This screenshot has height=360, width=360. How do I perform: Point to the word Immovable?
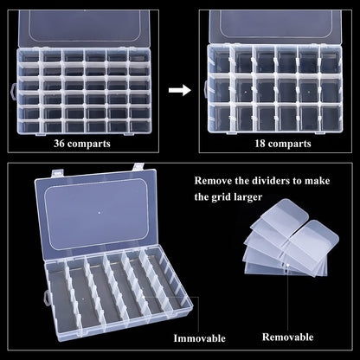(199, 337)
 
